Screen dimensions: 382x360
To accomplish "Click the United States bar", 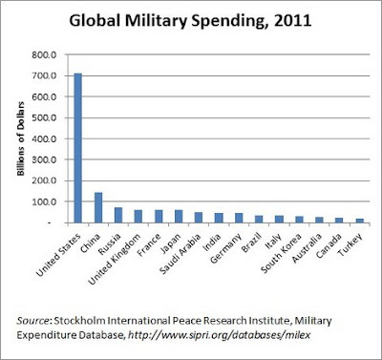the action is [x=77, y=148].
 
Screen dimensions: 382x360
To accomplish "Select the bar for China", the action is [x=98, y=207].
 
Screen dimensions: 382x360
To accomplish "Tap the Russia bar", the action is [x=118, y=215].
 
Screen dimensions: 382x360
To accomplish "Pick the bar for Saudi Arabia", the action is [x=199, y=218].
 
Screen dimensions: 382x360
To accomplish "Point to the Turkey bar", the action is [x=360, y=221].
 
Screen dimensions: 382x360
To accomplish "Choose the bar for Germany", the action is [x=239, y=218].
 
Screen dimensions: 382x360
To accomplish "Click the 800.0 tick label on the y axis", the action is [x=44, y=55].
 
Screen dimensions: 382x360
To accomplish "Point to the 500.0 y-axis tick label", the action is [x=44, y=117].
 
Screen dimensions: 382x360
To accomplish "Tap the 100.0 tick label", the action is [x=44, y=201].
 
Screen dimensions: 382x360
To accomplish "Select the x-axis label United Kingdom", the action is [x=115, y=259].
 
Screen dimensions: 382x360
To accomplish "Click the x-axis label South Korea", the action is [x=281, y=253].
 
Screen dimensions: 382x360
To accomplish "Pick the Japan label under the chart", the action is [x=171, y=244].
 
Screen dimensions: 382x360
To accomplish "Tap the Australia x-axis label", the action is [x=308, y=248].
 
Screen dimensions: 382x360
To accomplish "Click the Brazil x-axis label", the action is [x=251, y=243].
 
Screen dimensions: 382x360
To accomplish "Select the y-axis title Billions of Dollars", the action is [x=21, y=138].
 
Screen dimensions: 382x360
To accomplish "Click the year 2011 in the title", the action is [x=292, y=21].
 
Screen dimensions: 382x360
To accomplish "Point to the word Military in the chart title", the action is [x=156, y=22].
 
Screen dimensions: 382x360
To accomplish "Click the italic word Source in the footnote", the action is [x=32, y=320].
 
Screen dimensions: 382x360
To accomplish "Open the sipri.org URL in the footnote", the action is [x=219, y=335].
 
